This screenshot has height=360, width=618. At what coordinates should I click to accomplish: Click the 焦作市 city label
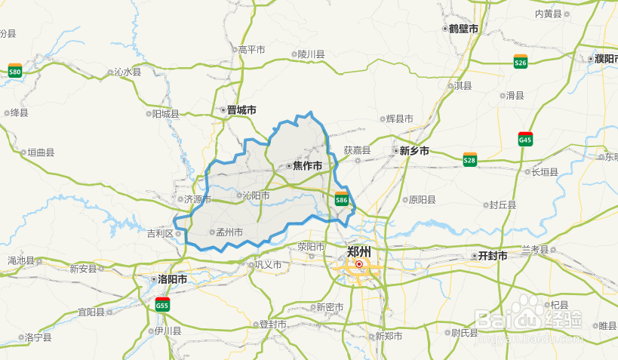[307, 165]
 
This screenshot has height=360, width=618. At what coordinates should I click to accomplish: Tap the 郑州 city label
[359, 251]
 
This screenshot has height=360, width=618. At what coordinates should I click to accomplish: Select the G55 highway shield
[161, 304]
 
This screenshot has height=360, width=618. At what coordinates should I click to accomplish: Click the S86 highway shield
[341, 200]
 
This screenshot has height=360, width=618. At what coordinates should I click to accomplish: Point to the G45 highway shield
[525, 139]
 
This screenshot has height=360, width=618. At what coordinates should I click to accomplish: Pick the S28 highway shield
[469, 159]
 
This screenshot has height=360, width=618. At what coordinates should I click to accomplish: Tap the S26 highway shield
[520, 62]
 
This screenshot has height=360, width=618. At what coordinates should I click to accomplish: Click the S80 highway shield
[14, 71]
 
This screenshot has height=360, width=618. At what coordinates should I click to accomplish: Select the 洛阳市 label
[173, 279]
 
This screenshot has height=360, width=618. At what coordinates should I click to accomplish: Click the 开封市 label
[493, 256]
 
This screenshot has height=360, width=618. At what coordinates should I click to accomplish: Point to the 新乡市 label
[414, 151]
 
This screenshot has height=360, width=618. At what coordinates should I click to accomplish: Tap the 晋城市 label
[241, 110]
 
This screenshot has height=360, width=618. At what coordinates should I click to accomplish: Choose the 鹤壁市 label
[463, 29]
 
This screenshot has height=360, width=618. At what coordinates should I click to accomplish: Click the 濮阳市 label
[605, 58]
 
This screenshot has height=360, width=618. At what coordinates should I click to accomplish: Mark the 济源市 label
[198, 200]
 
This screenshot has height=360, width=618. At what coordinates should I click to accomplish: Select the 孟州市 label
[229, 232]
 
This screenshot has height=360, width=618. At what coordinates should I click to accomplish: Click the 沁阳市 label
[255, 195]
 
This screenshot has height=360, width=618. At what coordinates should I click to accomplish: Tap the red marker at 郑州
[359, 264]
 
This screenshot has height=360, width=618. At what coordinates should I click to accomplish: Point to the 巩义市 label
[268, 265]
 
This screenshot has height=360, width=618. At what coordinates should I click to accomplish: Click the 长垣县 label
[544, 172]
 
